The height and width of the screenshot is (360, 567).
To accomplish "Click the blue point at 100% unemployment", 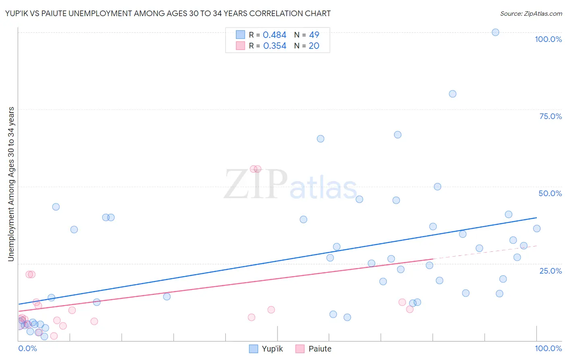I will [495, 32].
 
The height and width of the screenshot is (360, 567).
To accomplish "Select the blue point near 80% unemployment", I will [452, 94].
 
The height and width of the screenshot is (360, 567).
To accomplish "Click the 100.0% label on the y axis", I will [548, 39].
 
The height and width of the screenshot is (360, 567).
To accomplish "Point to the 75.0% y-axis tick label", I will [550, 116].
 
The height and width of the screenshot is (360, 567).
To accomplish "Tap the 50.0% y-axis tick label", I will [550, 193].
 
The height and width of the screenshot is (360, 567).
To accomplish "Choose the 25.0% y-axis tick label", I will [550, 271].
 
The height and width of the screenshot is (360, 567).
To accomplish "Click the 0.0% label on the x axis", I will [27, 348].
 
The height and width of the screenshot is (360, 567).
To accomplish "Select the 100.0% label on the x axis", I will [548, 348].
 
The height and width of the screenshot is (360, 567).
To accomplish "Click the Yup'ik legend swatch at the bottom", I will [254, 349].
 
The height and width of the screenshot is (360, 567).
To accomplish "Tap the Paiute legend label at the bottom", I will [320, 349].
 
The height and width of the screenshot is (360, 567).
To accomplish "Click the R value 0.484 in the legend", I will [274, 35].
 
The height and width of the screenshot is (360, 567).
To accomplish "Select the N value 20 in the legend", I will [314, 46].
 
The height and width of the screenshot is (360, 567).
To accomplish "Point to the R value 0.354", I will [275, 46].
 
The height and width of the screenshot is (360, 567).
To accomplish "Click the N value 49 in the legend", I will [314, 35].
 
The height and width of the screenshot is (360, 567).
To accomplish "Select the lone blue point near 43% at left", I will [56, 207].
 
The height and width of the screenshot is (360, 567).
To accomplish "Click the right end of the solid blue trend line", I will [536, 218].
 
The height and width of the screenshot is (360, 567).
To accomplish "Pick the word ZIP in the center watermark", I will [255, 185].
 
